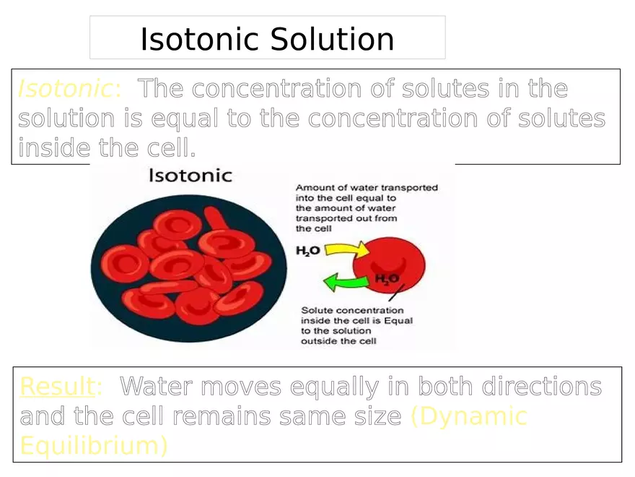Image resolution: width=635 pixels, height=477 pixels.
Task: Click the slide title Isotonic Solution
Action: [267, 39]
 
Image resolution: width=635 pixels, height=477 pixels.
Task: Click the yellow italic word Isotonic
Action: [65, 89]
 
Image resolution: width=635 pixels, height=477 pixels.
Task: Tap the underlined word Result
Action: [57, 387]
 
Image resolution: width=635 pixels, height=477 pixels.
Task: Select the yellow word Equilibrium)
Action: [94, 445]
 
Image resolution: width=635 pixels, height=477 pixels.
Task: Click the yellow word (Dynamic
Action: [469, 416]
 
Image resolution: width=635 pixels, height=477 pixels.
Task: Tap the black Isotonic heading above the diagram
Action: [190, 176]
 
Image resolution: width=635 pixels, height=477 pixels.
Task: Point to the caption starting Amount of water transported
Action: [366, 207]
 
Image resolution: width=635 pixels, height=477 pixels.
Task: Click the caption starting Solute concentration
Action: [356, 325]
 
